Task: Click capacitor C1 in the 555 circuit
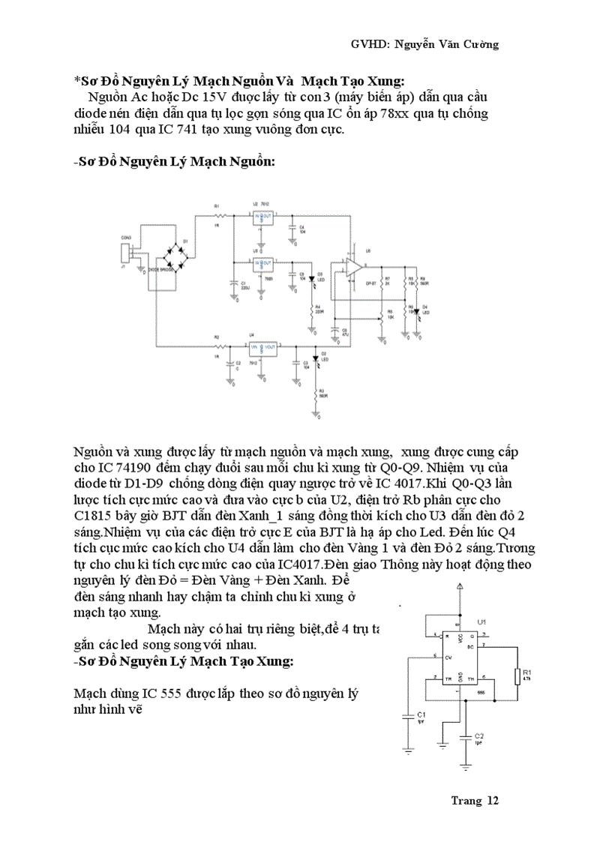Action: [407, 715]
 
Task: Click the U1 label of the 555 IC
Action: [481, 622]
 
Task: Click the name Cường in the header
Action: [479, 44]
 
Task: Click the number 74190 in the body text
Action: [122, 469]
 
